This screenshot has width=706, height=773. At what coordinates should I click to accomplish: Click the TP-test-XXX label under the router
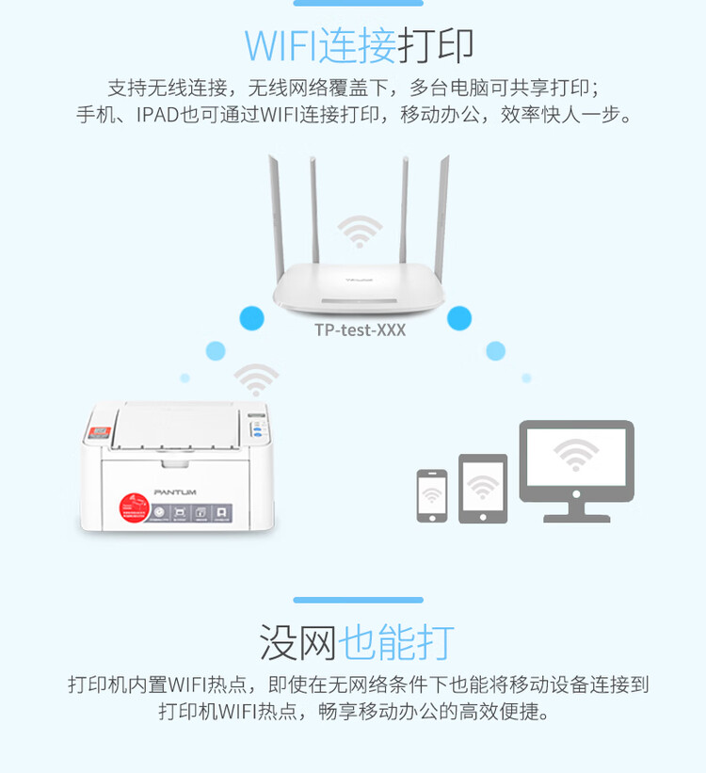pyautogui.click(x=360, y=330)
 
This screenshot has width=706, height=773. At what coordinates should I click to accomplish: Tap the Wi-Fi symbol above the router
pyautogui.click(x=360, y=230)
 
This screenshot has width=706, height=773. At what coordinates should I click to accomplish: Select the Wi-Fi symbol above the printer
pyautogui.click(x=256, y=379)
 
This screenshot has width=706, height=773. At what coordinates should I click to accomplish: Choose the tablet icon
pyautogui.click(x=483, y=489)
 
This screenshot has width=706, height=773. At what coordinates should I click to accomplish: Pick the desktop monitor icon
pyautogui.click(x=576, y=466)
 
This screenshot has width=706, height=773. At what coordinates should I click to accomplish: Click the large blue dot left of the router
pyautogui.click(x=251, y=318)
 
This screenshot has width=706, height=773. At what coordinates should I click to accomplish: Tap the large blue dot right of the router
pyautogui.click(x=458, y=318)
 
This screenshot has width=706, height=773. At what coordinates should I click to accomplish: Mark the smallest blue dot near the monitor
pyautogui.click(x=526, y=378)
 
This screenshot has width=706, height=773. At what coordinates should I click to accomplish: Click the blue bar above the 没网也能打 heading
pyautogui.click(x=358, y=600)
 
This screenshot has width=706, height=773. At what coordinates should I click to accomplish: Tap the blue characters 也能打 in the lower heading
pyautogui.click(x=396, y=642)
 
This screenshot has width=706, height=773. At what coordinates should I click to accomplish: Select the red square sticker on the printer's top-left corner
pyautogui.click(x=98, y=432)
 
